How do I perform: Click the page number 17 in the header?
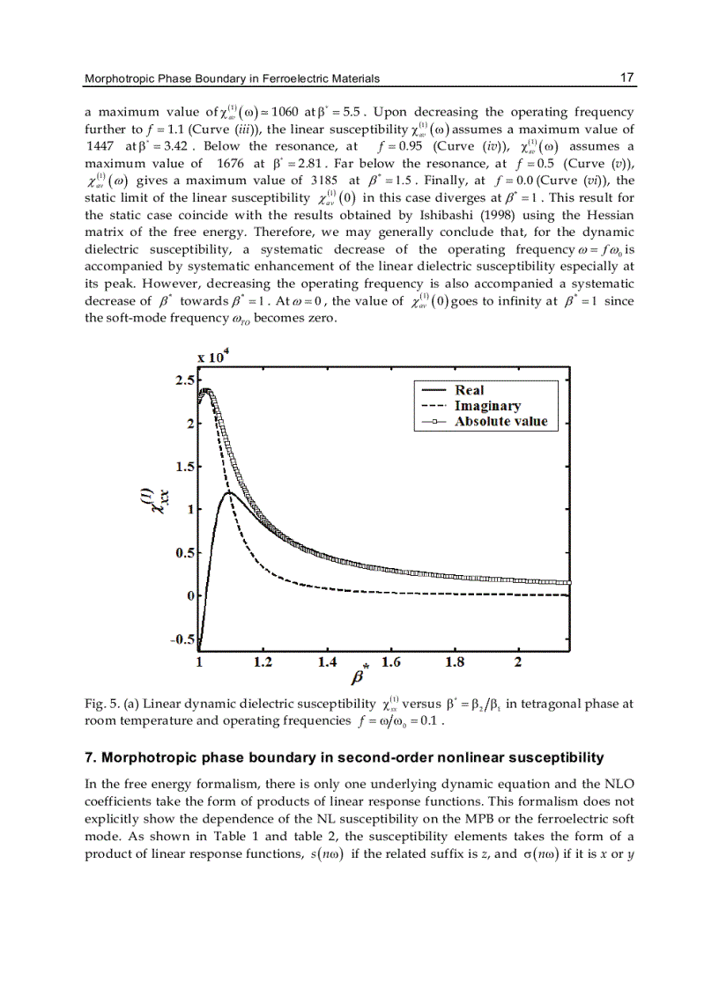(627, 78)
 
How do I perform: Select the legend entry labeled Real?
(470, 390)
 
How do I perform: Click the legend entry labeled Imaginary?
(487, 406)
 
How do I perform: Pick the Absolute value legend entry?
(500, 422)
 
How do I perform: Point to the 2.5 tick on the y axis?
(185, 380)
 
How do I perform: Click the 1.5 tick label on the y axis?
(185, 466)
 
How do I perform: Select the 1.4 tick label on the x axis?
(327, 661)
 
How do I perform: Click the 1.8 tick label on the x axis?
(455, 661)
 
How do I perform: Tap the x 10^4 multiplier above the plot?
(214, 358)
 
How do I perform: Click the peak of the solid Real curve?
(229, 492)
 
